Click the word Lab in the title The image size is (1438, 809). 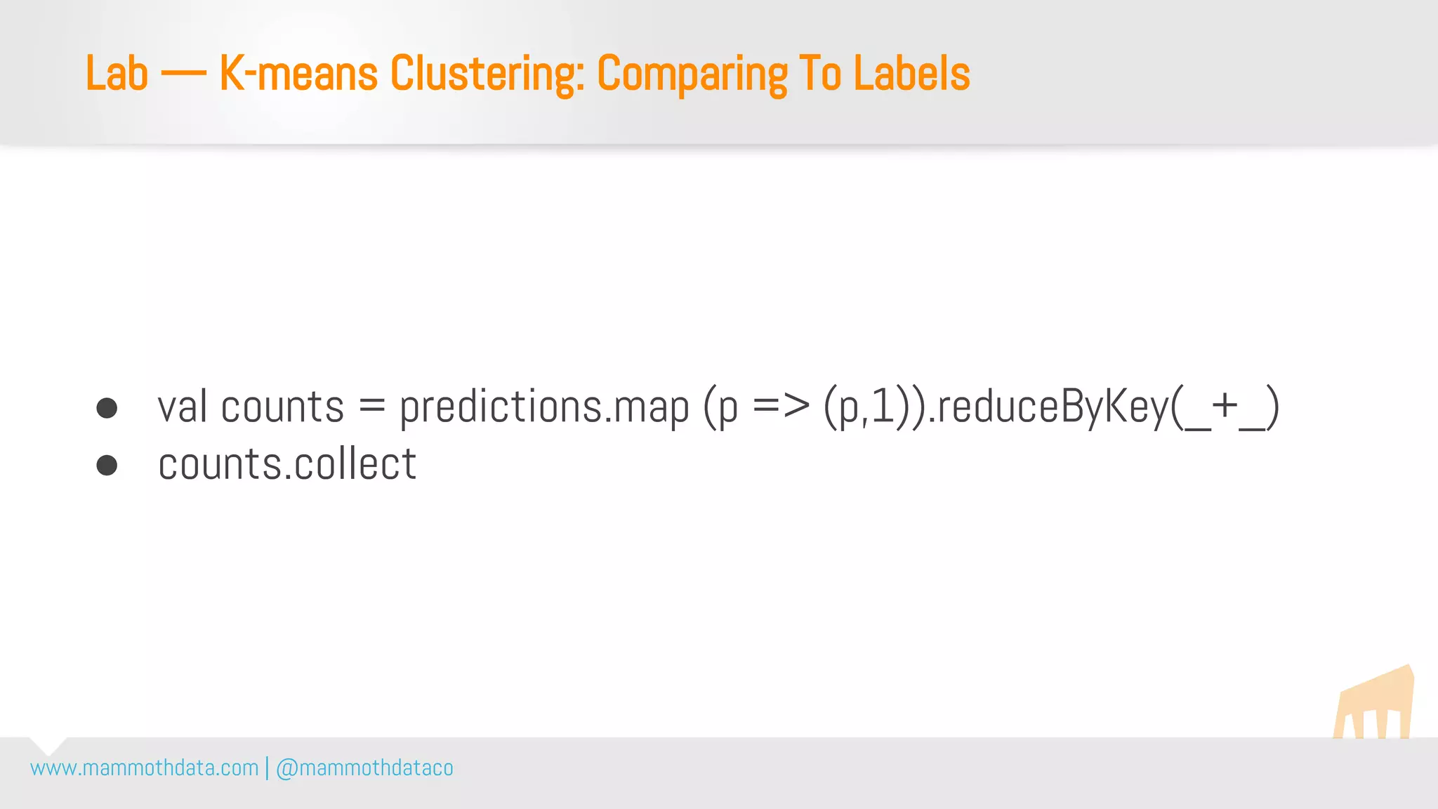tap(117, 73)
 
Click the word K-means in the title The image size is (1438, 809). tap(298, 73)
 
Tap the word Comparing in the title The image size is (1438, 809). tap(692, 74)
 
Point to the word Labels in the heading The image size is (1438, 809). tap(911, 73)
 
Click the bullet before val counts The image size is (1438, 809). tap(107, 408)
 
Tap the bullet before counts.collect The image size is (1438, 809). tap(107, 465)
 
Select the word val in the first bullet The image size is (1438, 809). tap(183, 407)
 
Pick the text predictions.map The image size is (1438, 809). tap(544, 407)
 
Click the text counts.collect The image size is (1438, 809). tap(287, 464)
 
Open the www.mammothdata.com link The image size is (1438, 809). tap(145, 768)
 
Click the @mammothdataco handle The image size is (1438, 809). tap(364, 768)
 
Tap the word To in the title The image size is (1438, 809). tap(820, 73)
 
